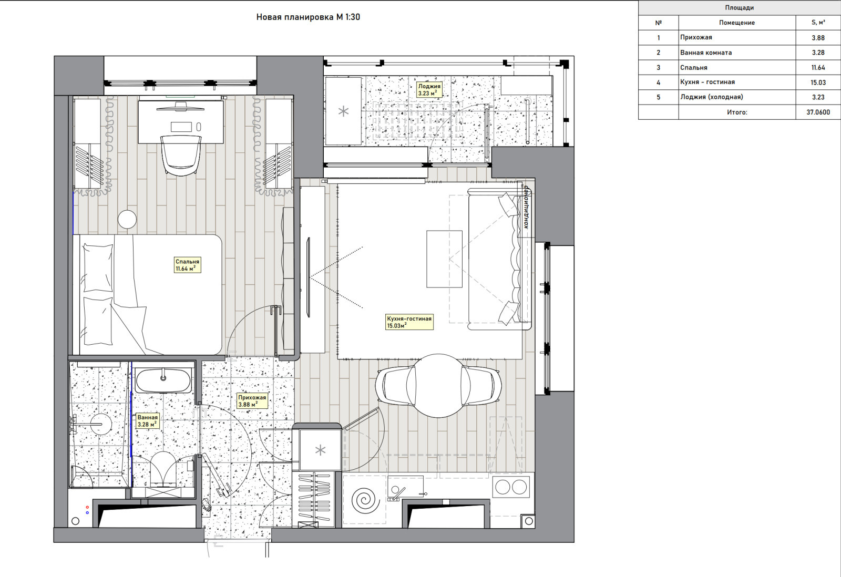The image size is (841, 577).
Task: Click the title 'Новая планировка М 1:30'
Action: pos(308,17)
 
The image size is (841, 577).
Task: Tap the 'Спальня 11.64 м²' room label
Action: pos(187,265)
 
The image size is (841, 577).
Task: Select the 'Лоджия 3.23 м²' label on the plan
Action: pos(429,90)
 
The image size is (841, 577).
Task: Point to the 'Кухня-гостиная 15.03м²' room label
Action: pos(409,322)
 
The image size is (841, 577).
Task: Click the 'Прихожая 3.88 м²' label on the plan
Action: pos(252,400)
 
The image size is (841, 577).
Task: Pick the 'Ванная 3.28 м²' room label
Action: pos(147,421)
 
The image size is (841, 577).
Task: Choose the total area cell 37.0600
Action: pos(818,112)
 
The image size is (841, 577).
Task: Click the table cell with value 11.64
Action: pos(818,68)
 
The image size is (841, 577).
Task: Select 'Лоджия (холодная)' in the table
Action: pos(712,97)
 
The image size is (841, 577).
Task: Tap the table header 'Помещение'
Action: pos(736,23)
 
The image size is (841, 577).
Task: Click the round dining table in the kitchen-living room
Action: pos(438,386)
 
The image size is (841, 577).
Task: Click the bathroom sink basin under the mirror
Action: pos(163,381)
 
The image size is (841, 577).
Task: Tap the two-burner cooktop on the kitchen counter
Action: pos(511,487)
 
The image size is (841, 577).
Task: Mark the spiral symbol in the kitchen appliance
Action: pos(363,500)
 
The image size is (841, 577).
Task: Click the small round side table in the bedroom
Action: pos(127,219)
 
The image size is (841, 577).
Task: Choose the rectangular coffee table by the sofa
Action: pos(444,259)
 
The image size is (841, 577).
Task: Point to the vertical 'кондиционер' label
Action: pos(527,207)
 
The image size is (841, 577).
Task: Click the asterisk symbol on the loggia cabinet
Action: pos(343,111)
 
